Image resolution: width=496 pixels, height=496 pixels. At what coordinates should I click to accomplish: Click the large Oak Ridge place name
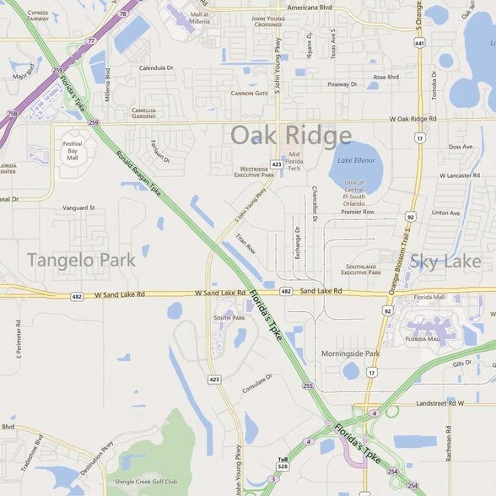point(290,135)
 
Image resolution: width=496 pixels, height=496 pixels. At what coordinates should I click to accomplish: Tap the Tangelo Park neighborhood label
point(81,260)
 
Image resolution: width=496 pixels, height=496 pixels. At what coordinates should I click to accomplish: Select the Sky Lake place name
point(445,261)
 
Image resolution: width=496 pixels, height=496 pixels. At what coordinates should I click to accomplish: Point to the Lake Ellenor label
point(355,159)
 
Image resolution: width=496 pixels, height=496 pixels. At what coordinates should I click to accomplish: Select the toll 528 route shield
point(283,465)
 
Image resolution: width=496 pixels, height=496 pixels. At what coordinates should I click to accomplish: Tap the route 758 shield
point(12,113)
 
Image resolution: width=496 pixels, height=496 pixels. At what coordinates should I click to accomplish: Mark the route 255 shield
point(308,386)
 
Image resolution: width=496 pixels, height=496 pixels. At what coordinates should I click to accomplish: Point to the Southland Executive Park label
point(362,270)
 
